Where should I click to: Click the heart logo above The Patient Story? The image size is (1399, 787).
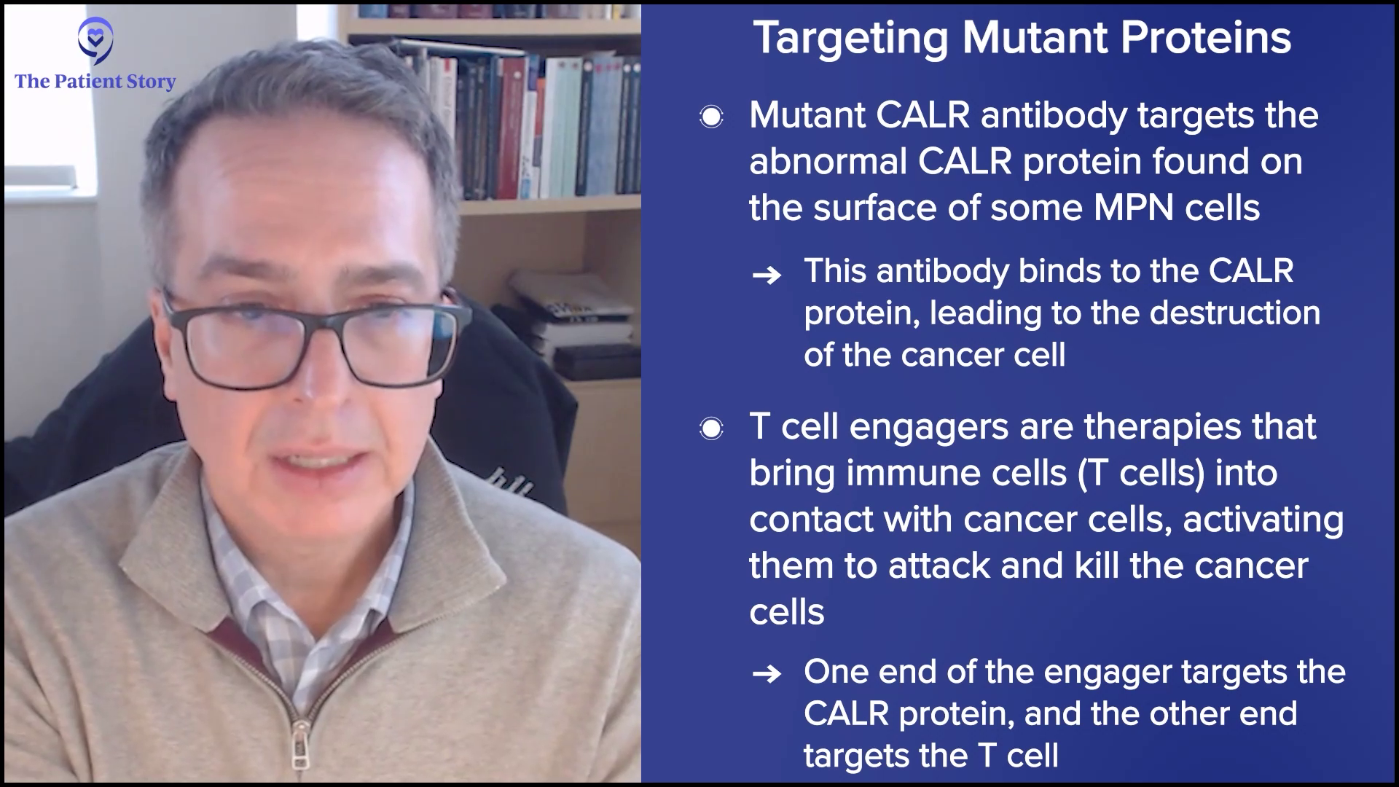tap(95, 41)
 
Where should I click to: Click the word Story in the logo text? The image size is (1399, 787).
tap(152, 82)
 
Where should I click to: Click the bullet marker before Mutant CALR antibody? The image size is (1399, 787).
tap(711, 117)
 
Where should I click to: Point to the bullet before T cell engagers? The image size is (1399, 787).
tap(711, 428)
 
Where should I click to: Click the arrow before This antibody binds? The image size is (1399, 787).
tap(767, 275)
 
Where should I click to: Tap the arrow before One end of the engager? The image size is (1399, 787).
tap(767, 674)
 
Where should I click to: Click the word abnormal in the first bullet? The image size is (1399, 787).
tap(828, 162)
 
